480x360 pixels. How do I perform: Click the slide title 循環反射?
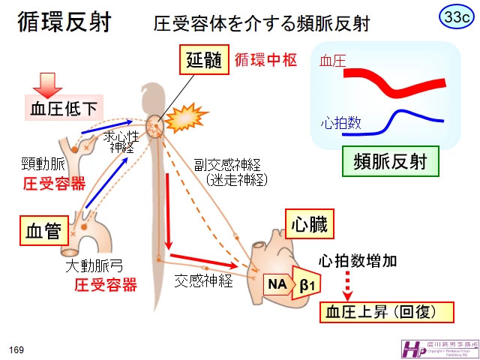coord(65,22)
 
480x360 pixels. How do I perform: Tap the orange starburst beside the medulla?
coord(182,116)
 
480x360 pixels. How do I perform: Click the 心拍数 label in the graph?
coord(340,123)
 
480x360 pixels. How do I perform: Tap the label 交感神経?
coord(202,281)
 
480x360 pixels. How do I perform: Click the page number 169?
coord(16,349)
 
